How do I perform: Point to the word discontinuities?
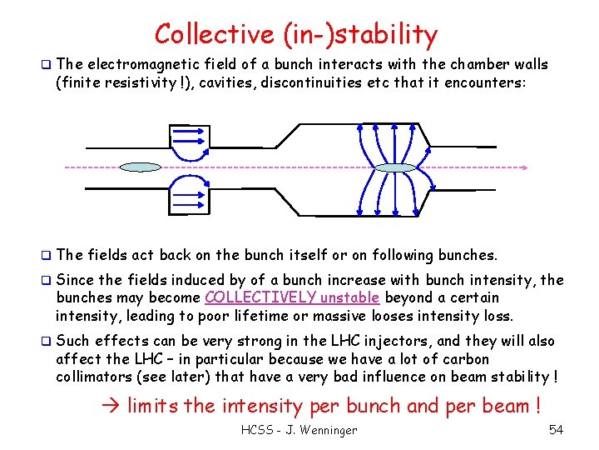point(297,82)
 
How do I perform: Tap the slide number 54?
point(556,430)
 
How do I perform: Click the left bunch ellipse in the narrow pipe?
point(140,167)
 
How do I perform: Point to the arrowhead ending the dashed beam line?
point(523,167)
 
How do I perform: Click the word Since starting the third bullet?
point(74,279)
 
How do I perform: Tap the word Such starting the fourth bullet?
point(72,341)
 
